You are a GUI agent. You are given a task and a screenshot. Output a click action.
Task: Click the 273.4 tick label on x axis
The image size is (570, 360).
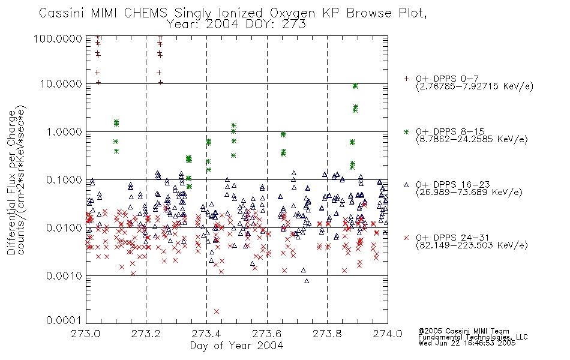pos(206,334)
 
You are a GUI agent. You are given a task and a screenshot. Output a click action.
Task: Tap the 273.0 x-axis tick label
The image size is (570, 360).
pos(86,334)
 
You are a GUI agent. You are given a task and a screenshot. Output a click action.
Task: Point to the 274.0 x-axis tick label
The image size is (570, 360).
pos(388,334)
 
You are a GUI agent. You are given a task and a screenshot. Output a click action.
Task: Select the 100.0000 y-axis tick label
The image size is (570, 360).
pos(58,38)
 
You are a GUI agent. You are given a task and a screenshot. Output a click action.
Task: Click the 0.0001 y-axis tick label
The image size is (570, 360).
pos(64,320)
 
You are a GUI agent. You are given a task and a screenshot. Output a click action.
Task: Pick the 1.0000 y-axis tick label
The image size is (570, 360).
pos(64,131)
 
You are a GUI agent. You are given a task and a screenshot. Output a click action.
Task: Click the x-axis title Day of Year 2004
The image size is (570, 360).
pos(236,346)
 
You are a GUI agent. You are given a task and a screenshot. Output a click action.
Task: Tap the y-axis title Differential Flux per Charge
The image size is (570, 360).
pos(11,182)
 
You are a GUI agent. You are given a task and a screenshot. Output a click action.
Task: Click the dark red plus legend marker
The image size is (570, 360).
pos(406,79)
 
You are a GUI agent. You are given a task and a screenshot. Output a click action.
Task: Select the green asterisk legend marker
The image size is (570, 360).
pos(406,131)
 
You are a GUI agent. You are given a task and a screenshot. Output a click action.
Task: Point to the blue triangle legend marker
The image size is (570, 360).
pos(406,185)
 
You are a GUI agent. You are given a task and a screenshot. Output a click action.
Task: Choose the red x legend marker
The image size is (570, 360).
pos(406,238)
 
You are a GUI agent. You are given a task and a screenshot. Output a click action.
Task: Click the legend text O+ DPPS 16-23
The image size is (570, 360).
pos(453,185)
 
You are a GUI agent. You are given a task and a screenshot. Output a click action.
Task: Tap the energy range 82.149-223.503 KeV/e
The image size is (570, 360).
pos(472,245)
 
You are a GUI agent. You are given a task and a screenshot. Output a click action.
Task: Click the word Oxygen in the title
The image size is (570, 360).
pos(292,13)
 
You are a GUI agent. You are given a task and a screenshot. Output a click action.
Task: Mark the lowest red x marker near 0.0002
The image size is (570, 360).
pos(217,311)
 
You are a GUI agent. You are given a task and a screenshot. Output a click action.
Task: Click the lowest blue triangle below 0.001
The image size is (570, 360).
pos(307,281)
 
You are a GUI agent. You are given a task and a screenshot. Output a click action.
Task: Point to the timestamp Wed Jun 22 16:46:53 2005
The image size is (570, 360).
pos(467,343)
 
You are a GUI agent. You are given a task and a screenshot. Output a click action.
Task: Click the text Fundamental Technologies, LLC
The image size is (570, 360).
pos(473,337)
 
